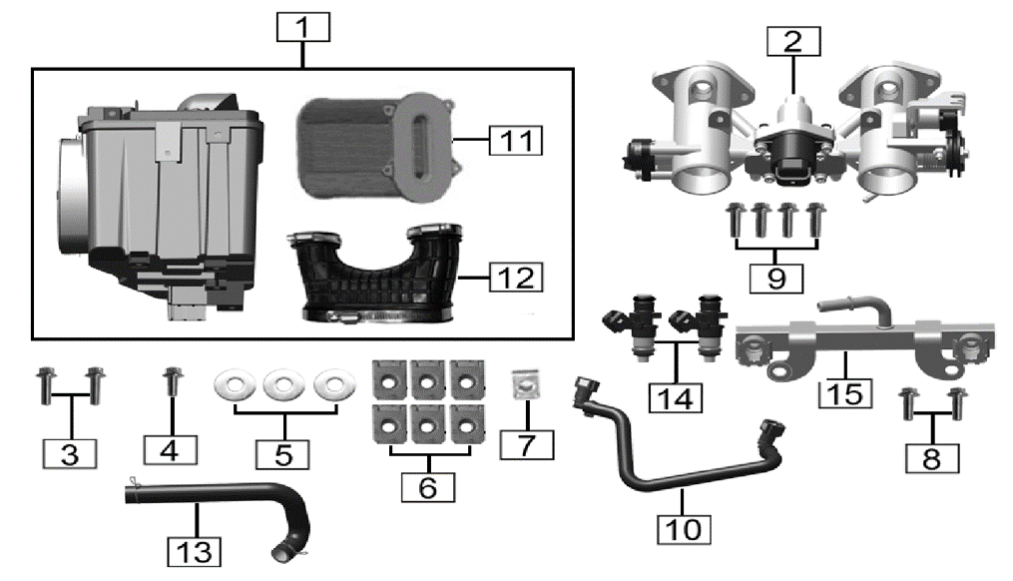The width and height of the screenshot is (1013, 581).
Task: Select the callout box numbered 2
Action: (x=792, y=42)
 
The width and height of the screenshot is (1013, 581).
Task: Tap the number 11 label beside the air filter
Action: (x=516, y=139)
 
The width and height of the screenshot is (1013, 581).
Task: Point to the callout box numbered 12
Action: (x=515, y=277)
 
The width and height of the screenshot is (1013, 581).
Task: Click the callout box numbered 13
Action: (x=195, y=550)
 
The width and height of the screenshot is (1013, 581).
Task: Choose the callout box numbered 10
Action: (x=685, y=528)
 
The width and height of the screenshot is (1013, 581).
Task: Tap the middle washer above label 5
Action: (x=283, y=384)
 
